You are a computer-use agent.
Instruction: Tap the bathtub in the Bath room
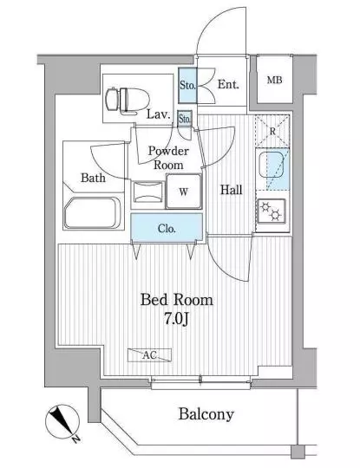(93, 212)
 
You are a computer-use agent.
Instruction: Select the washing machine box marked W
(183, 191)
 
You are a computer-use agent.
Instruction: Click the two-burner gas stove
(272, 211)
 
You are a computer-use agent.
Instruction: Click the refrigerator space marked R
(272, 131)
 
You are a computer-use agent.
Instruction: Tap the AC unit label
(150, 355)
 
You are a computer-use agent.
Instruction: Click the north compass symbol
(62, 422)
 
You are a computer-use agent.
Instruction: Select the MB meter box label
(274, 80)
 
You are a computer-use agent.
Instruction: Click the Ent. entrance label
(228, 84)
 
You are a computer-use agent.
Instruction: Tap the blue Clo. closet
(167, 228)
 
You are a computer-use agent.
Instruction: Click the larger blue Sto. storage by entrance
(187, 85)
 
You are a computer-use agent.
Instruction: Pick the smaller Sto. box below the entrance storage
(184, 119)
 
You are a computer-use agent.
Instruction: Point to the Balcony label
(206, 414)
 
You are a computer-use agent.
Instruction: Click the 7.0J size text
(176, 319)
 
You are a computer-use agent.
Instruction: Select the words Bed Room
(177, 300)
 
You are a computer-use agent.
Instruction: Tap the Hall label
(232, 190)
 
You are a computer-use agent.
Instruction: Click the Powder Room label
(168, 158)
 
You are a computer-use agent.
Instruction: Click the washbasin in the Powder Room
(148, 192)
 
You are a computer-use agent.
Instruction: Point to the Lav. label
(159, 114)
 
